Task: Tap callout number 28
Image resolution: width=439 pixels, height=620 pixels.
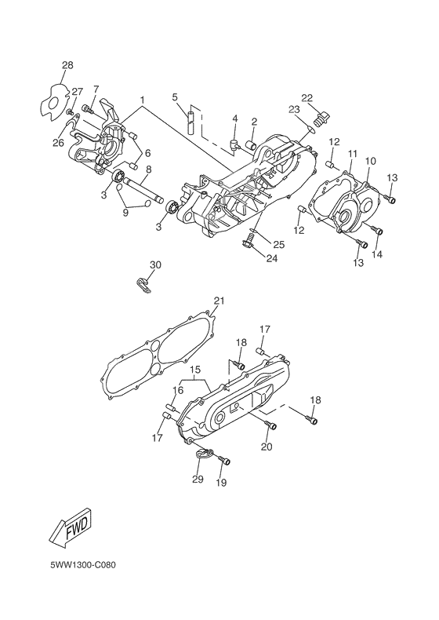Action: click(67, 64)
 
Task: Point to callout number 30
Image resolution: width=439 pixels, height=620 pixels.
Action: click(155, 265)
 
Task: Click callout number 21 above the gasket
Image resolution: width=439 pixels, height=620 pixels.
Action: click(219, 301)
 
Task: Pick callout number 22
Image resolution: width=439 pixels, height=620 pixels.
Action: click(307, 98)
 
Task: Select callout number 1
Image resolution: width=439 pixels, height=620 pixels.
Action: click(142, 100)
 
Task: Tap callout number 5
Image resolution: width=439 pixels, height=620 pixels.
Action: click(176, 97)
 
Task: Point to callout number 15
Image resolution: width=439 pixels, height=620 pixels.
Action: click(194, 368)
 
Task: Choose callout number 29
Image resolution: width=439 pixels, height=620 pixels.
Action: click(198, 479)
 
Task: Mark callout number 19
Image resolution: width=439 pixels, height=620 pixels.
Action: click(221, 483)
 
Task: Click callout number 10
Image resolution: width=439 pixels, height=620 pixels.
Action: click(370, 161)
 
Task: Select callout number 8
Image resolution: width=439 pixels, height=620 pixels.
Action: click(147, 168)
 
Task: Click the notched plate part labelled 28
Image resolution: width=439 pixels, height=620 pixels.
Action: click(53, 100)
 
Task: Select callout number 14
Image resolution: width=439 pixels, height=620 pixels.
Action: click(378, 255)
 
